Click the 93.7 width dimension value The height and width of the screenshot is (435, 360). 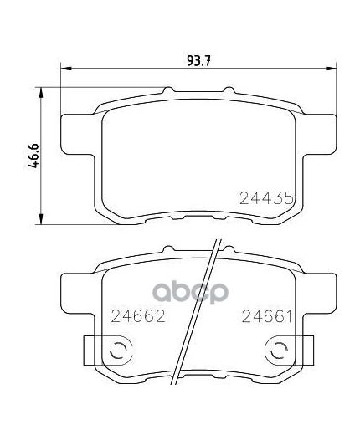[198, 61]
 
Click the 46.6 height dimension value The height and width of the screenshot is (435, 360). [33, 156]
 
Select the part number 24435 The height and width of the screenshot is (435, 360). [266, 198]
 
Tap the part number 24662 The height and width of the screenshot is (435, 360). [138, 316]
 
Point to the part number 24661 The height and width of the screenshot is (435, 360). [267, 316]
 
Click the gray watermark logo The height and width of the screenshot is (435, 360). [190, 292]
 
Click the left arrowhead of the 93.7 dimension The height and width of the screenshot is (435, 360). [66, 68]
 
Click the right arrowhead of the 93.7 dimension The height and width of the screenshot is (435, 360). [331, 68]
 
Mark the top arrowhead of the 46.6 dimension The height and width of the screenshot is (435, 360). [41, 93]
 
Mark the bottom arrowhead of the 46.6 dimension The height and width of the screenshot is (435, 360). [41, 218]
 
